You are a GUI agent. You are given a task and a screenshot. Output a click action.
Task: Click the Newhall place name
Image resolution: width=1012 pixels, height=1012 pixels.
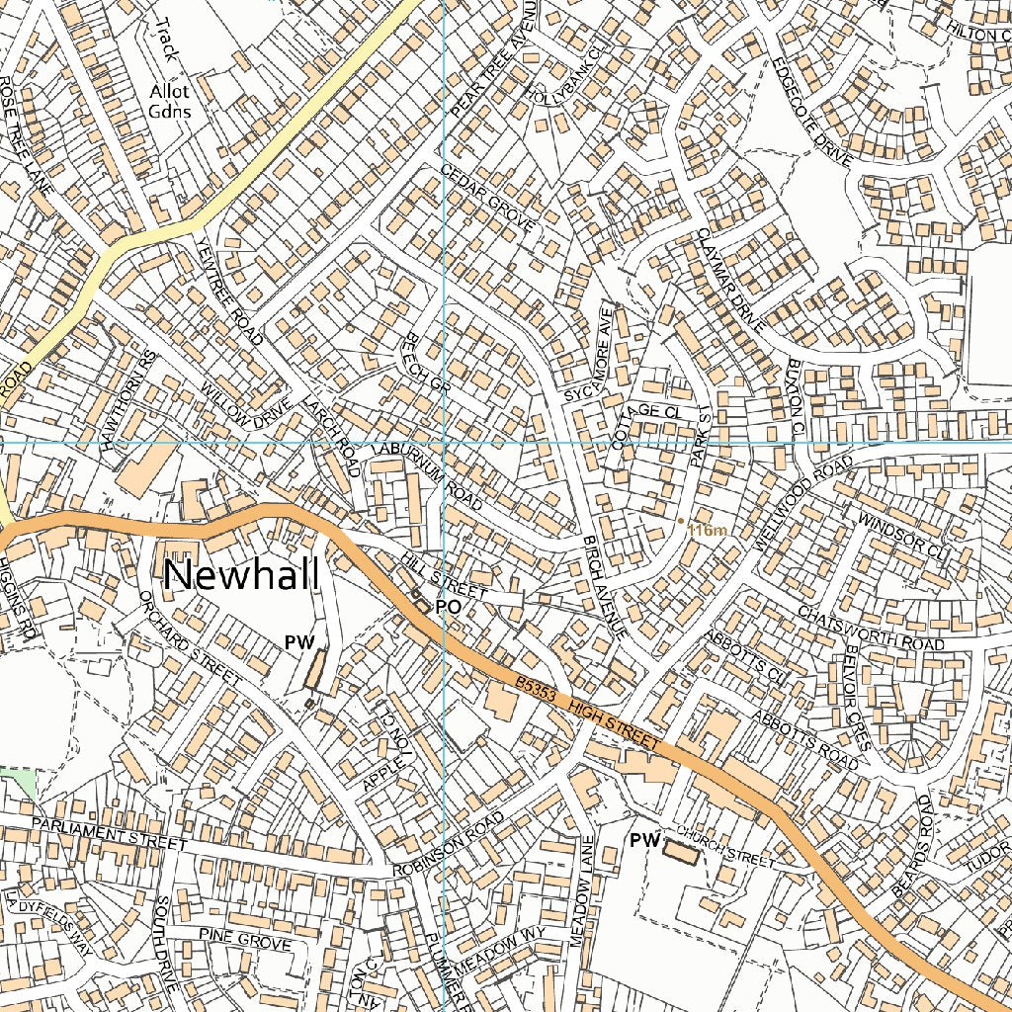pyautogui.click(x=241, y=575)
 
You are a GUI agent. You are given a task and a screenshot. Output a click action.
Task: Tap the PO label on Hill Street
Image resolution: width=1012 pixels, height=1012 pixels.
pyautogui.click(x=448, y=607)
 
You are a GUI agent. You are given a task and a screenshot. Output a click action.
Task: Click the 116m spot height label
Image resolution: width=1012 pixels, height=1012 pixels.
pyautogui.click(x=707, y=531)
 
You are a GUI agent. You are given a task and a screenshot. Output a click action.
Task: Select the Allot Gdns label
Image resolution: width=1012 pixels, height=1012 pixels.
pyautogui.click(x=169, y=101)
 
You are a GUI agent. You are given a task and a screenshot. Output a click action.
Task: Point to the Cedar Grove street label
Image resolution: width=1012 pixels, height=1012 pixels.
pyautogui.click(x=488, y=199)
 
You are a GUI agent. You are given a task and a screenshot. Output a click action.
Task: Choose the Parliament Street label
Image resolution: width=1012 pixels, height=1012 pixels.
pyautogui.click(x=109, y=834)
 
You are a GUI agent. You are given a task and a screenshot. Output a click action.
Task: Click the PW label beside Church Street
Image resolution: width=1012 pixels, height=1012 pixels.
pyautogui.click(x=644, y=840)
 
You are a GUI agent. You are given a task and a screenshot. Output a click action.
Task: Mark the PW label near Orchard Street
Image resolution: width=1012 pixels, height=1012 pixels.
pyautogui.click(x=298, y=642)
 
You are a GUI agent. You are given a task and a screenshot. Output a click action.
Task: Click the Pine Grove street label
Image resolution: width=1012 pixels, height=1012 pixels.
pyautogui.click(x=244, y=939)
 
